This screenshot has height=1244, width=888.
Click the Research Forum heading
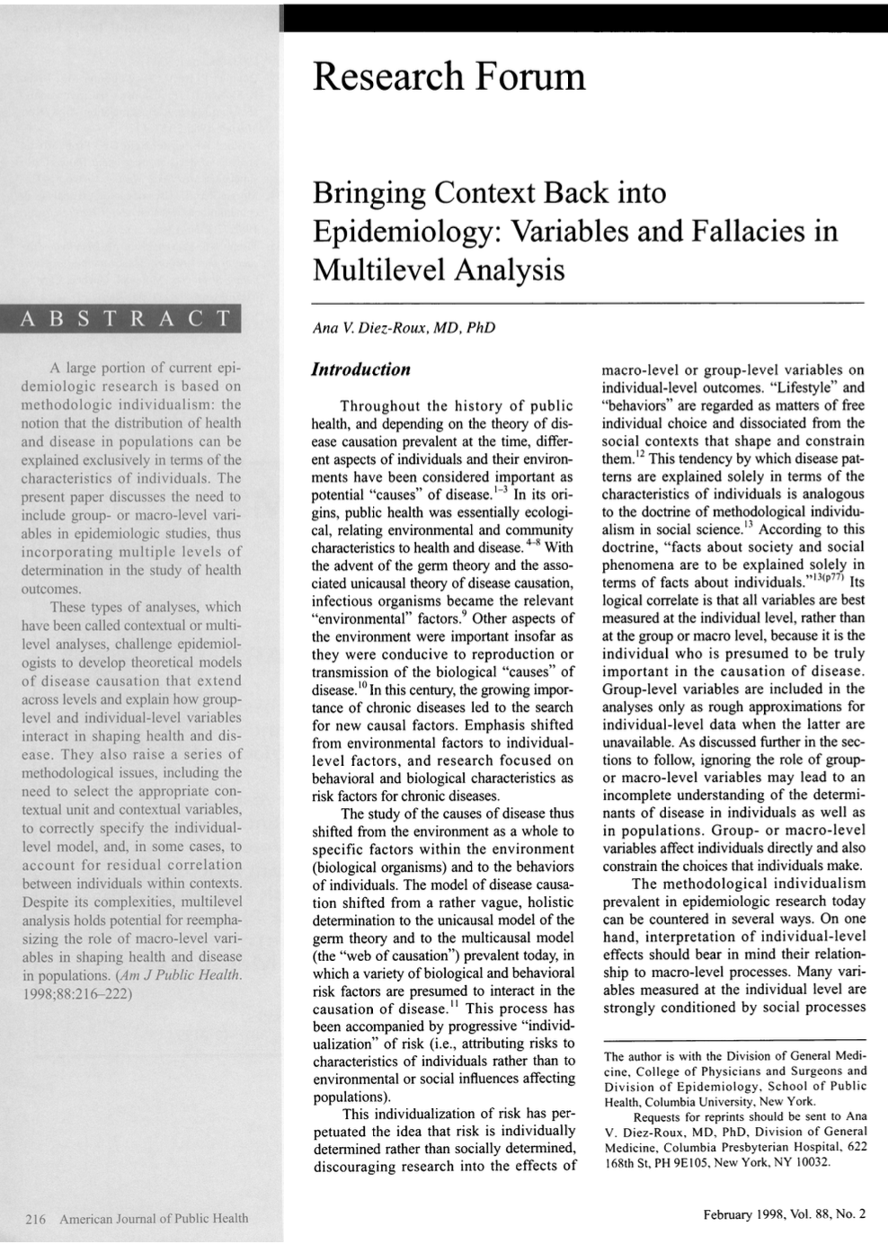click(448, 77)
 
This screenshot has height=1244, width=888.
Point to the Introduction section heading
click(360, 369)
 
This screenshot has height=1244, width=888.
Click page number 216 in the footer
click(36, 1218)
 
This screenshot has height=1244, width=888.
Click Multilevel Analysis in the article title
click(438, 269)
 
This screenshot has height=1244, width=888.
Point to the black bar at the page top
click(584, 17)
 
